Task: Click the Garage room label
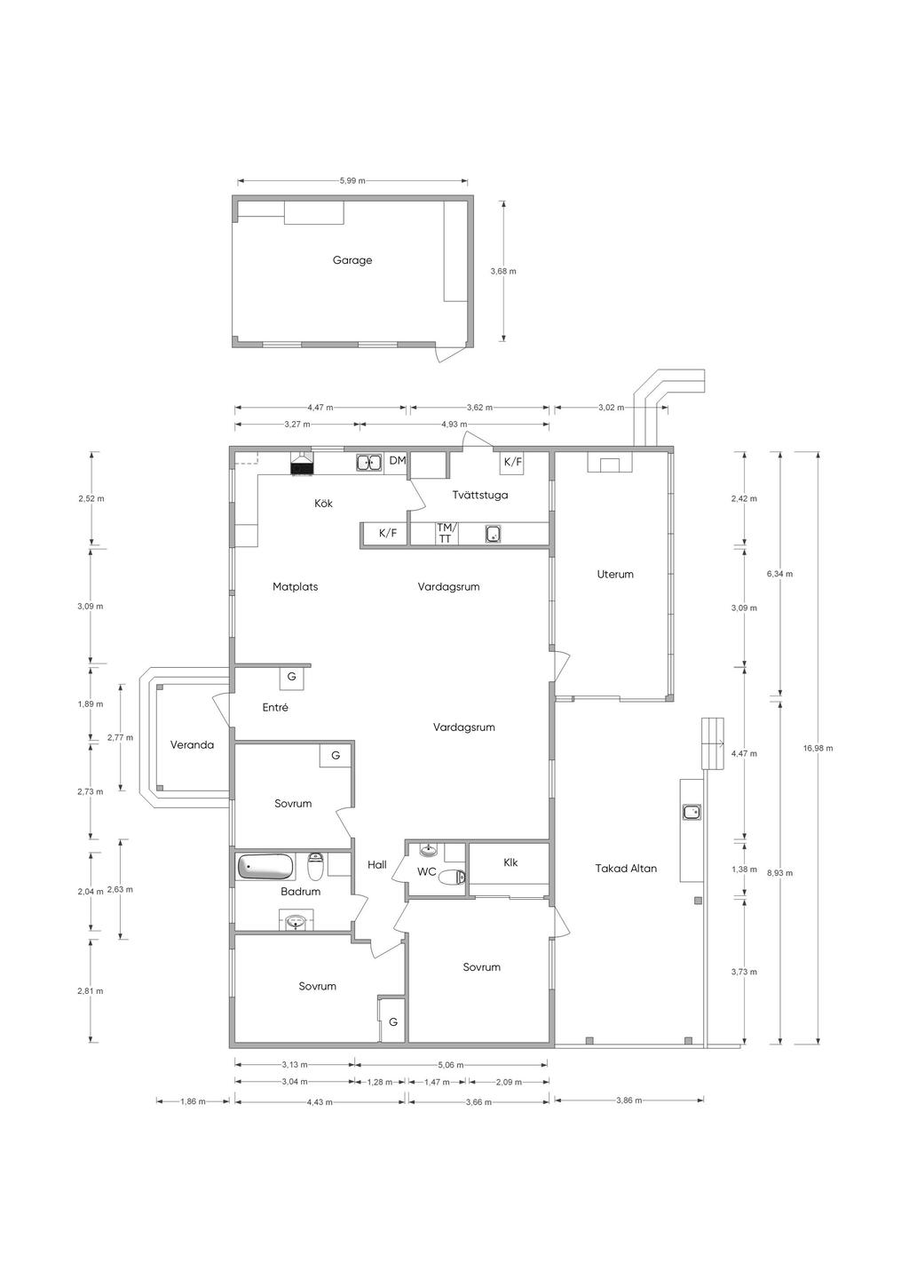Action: click(352, 260)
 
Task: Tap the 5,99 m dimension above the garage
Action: click(352, 180)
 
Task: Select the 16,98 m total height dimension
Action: click(819, 748)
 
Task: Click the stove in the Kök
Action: click(302, 464)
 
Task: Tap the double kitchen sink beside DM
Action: click(369, 462)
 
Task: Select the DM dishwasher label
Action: click(398, 460)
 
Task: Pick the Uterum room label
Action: click(615, 574)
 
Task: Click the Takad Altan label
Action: click(625, 868)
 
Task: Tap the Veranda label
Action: click(192, 744)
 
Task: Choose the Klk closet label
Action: click(510, 862)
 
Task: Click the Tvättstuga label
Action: click(480, 495)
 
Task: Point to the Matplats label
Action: click(295, 586)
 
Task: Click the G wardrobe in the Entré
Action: click(292, 677)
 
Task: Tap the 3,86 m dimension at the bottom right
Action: click(628, 1100)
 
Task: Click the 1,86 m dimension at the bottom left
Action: click(193, 1101)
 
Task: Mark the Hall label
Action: click(376, 865)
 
